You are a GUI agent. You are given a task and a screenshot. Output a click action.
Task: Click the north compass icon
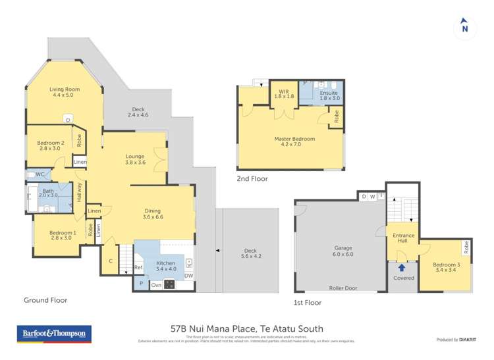(x=464, y=26)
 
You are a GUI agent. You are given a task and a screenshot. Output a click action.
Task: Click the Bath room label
(x=49, y=192)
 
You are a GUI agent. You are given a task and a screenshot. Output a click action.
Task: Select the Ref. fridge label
(x=138, y=267)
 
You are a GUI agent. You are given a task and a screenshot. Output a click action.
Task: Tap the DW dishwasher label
(x=188, y=276)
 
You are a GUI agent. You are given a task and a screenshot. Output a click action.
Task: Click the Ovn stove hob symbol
(x=169, y=284)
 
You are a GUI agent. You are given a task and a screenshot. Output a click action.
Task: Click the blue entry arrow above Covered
(x=401, y=267)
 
